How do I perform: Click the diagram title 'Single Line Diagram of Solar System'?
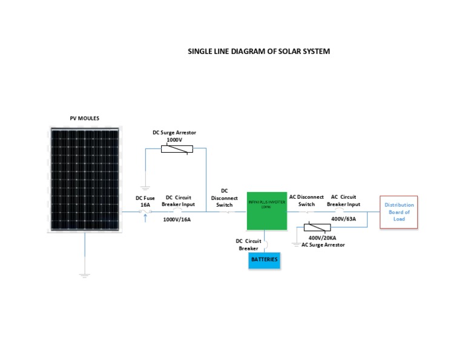259,52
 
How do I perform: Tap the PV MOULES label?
85,118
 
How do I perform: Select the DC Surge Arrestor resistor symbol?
177,149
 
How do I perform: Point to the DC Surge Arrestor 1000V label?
173,136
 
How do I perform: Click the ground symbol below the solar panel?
85,275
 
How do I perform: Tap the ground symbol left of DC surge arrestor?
145,188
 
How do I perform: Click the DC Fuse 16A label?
145,201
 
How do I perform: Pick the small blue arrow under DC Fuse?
145,216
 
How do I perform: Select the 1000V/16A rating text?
177,219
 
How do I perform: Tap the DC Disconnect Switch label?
225,198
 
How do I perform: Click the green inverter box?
266,211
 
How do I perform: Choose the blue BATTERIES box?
265,259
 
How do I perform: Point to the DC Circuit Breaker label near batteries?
248,244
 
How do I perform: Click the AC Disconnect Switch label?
306,201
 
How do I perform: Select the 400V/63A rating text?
344,219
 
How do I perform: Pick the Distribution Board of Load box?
399,212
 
